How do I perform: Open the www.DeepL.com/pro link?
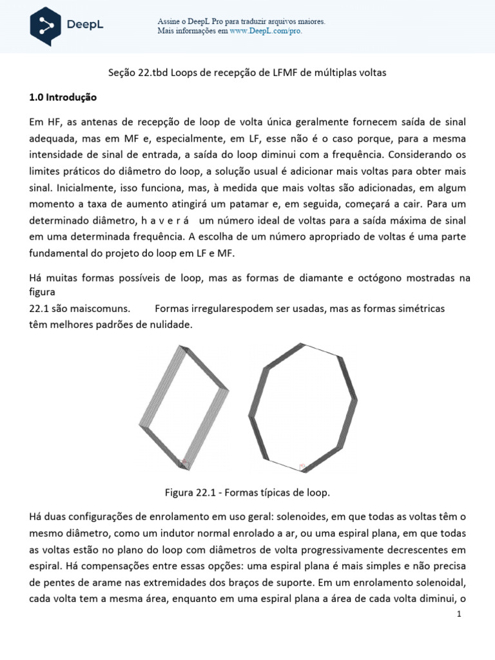coord(266,30)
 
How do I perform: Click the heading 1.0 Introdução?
coord(63,98)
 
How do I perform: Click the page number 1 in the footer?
coord(459,615)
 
